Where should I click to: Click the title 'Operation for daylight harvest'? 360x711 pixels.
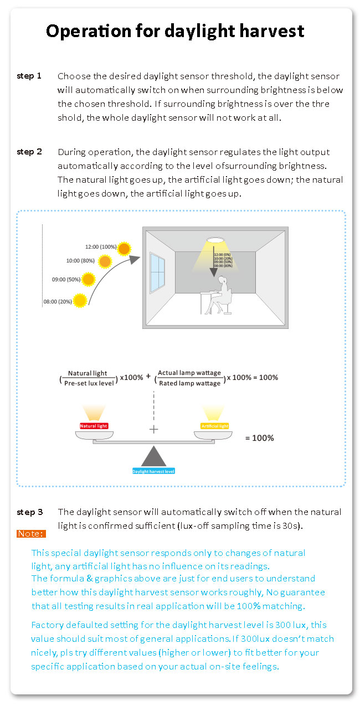pos(175,31)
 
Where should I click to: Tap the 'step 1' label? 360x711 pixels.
pos(29,75)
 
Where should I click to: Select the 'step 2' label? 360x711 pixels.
pos(29,151)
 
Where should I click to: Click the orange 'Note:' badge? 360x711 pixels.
pos(31,534)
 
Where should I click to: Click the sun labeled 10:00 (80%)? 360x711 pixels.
pos(105,260)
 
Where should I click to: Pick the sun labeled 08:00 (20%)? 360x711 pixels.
pos(80,301)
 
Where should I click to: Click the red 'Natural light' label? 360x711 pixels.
pos(94,426)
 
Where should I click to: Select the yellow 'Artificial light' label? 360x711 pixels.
pos(214,426)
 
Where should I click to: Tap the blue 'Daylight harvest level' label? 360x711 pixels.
pos(153,471)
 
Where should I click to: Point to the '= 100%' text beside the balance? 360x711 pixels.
pos(259,438)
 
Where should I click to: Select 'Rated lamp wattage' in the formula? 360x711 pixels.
pos(189,383)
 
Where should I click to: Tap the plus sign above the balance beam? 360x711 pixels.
pos(154,429)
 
